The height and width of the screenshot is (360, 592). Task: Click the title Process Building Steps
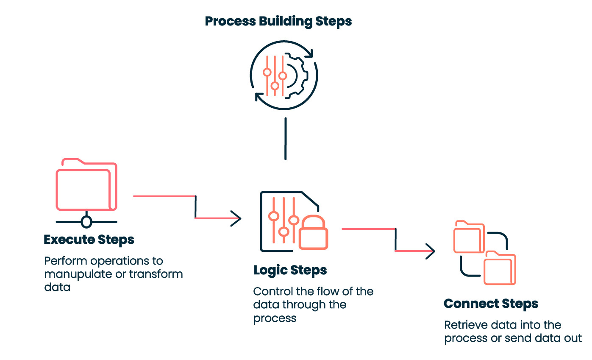[x=278, y=21]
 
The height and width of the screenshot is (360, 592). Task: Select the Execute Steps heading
[x=89, y=240]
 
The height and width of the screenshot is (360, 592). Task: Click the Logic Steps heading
[x=290, y=270]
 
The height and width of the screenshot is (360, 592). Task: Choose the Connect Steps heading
[x=491, y=304]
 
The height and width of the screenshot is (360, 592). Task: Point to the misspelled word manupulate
[x=78, y=274]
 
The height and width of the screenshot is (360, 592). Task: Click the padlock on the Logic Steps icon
[x=313, y=235]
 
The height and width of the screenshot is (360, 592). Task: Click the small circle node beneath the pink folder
[x=86, y=222]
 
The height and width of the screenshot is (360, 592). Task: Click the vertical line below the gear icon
[x=286, y=139]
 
